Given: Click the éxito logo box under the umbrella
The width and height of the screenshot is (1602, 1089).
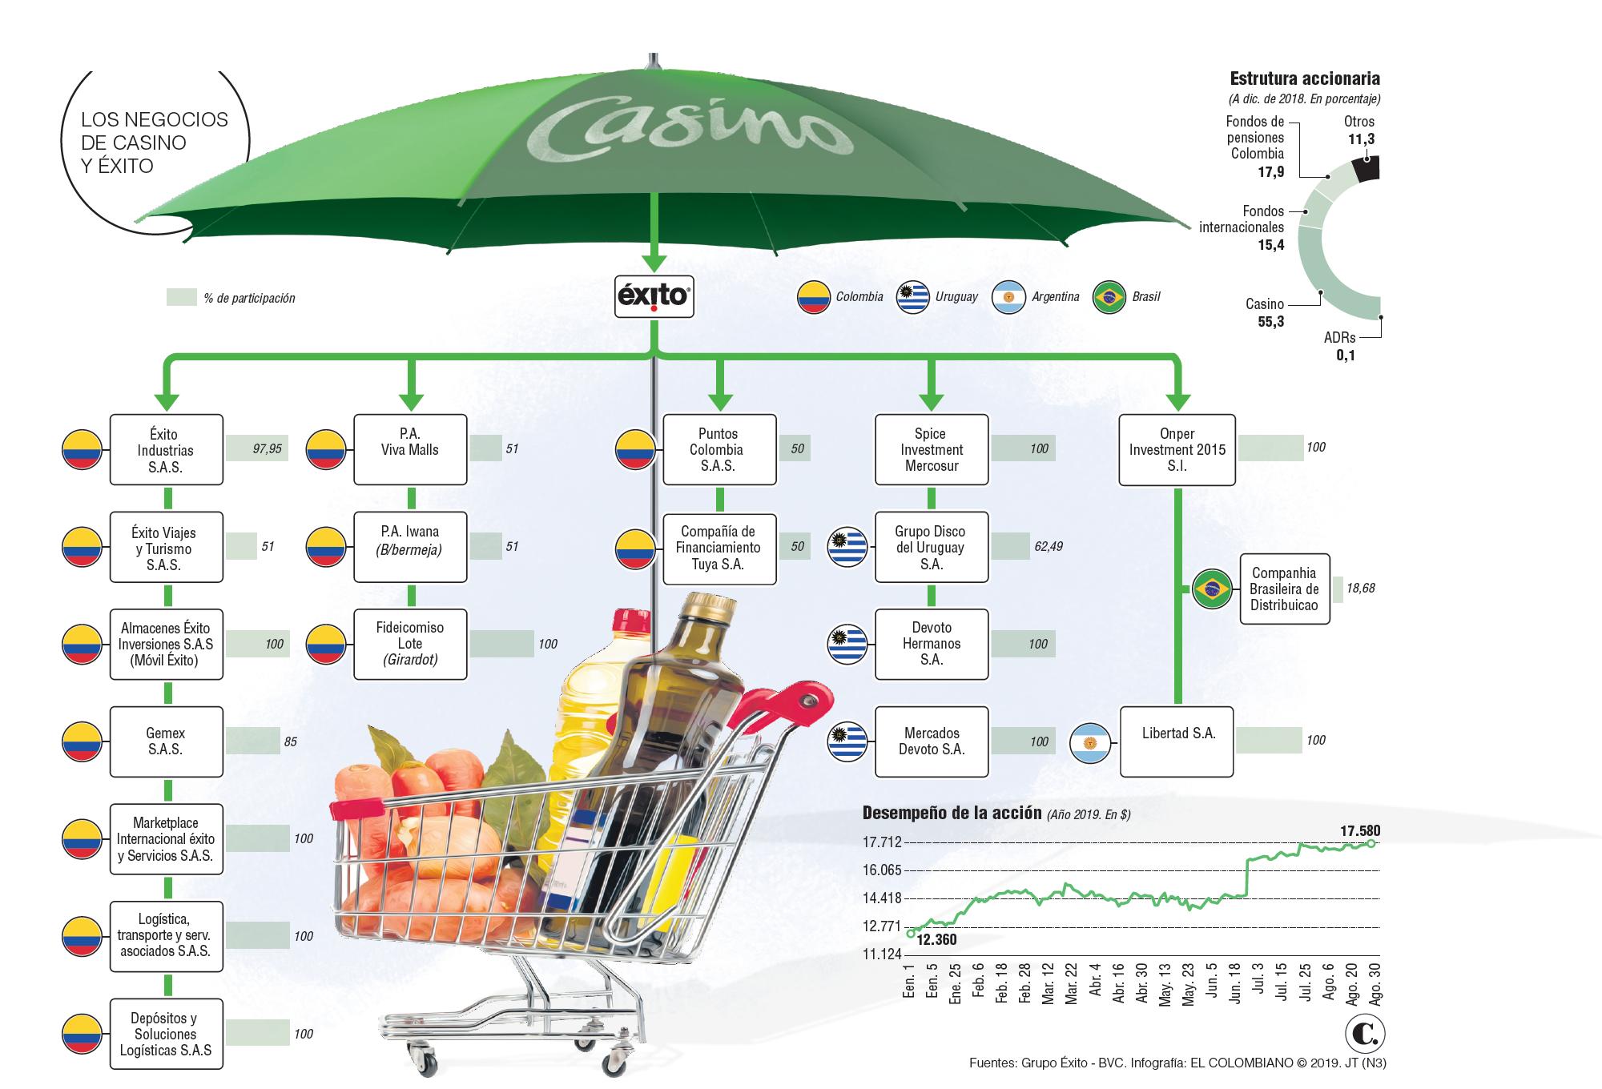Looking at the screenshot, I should pyautogui.click(x=654, y=297).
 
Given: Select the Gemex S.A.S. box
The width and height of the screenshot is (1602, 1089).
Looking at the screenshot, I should pyautogui.click(x=166, y=741).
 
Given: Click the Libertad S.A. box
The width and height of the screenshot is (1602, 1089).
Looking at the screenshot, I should pyautogui.click(x=1177, y=741).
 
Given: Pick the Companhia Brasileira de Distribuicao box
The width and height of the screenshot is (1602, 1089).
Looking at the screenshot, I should pyautogui.click(x=1283, y=589).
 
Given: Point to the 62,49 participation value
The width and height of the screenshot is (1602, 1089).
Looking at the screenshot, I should pyautogui.click(x=1048, y=547).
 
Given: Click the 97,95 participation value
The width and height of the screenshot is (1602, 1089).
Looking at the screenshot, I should pyautogui.click(x=267, y=449).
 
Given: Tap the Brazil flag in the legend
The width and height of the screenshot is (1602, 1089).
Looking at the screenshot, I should pyautogui.click(x=1109, y=297).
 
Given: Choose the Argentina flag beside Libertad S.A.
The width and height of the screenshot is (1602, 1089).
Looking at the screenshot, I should pyautogui.click(x=1089, y=742).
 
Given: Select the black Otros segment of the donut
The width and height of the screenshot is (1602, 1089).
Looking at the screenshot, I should pyautogui.click(x=1365, y=169).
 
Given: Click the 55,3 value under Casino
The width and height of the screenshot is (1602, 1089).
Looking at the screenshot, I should pyautogui.click(x=1270, y=322).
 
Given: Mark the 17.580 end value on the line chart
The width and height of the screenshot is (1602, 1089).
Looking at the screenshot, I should pyautogui.click(x=1360, y=831).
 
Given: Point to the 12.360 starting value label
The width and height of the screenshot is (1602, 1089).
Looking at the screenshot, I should pyautogui.click(x=936, y=940).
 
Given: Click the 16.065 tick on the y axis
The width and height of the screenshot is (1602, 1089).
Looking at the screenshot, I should pyautogui.click(x=882, y=870).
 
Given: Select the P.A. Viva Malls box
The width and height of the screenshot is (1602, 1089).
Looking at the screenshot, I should pyautogui.click(x=410, y=449).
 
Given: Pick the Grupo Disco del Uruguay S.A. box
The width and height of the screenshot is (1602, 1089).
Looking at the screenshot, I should pyautogui.click(x=931, y=548).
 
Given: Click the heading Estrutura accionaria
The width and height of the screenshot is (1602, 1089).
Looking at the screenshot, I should pyautogui.click(x=1304, y=78).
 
